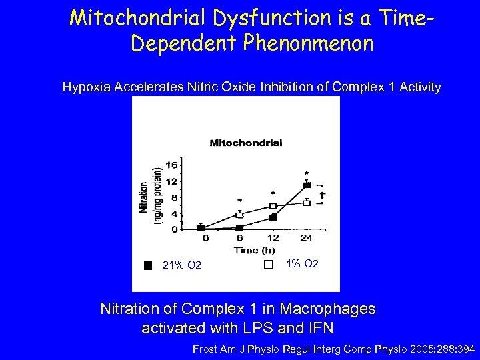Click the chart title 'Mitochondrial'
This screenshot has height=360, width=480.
246,142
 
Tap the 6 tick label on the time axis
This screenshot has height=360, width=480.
239,238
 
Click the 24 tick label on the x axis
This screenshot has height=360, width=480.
306,238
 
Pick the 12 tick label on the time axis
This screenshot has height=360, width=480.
273,238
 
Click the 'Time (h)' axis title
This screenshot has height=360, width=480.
253,250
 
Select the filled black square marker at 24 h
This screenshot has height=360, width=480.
306,185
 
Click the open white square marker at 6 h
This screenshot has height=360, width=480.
239,215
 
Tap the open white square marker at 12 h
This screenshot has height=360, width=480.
273,206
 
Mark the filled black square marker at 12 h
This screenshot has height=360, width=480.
273,218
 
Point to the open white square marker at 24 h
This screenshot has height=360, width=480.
306,202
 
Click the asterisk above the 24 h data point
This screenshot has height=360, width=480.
306,173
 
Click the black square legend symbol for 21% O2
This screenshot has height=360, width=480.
148,265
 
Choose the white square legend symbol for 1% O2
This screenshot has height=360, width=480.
268,265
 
